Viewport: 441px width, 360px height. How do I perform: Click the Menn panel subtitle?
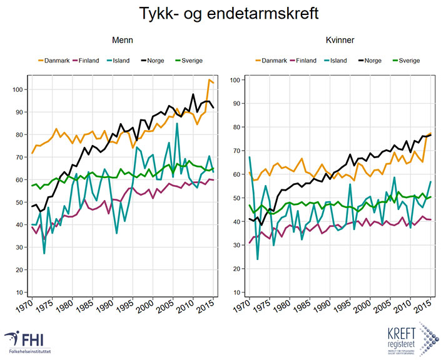(x=123, y=40)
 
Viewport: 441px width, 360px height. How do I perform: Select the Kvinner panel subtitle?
(x=340, y=40)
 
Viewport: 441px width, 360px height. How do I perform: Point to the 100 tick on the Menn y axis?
(x=19, y=89)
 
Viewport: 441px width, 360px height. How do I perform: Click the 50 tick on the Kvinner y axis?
(x=235, y=198)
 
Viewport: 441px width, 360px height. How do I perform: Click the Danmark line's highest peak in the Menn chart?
(x=210, y=80)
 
